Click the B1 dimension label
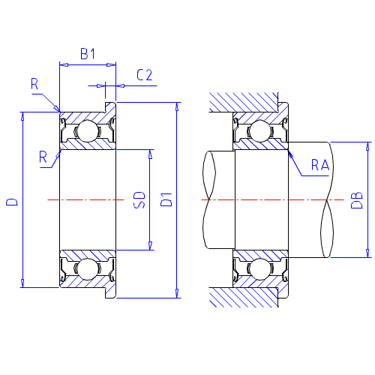[88, 53]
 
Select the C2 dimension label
[144, 75]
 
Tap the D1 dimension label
[166, 199]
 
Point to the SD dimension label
[139, 200]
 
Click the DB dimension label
[357, 200]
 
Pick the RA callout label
[320, 165]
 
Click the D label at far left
[12, 202]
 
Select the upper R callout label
[34, 84]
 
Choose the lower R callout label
[43, 157]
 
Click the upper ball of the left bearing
[87, 130]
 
